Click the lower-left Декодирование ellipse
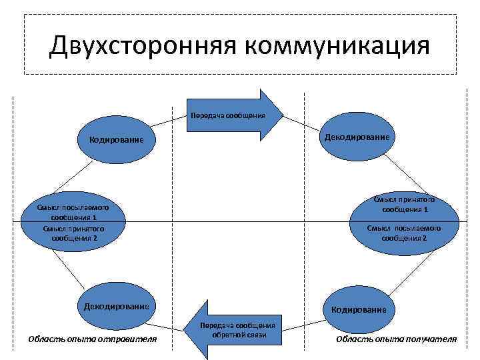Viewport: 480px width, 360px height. (x=116, y=307)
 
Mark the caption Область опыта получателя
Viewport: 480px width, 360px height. (x=396, y=339)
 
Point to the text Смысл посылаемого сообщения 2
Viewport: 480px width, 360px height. (x=404, y=233)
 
